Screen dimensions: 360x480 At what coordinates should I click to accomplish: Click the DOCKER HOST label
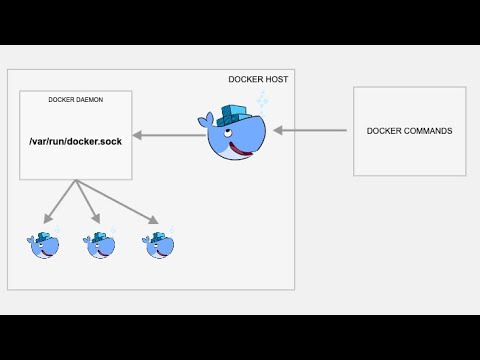[259, 80]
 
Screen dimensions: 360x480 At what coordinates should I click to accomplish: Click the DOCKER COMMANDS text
[409, 131]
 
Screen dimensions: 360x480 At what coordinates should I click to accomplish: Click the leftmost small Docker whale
[44, 244]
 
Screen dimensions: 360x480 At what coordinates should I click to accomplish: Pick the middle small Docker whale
[100, 244]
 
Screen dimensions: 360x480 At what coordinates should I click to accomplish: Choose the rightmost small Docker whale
[158, 244]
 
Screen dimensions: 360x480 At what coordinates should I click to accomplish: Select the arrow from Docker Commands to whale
[310, 130]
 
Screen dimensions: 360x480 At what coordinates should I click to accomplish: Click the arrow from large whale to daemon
[168, 135]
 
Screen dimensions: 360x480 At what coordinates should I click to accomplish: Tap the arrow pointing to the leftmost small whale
[61, 201]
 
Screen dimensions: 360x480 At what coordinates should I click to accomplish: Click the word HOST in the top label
[274, 80]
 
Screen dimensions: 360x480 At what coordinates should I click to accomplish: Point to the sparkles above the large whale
[262, 100]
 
